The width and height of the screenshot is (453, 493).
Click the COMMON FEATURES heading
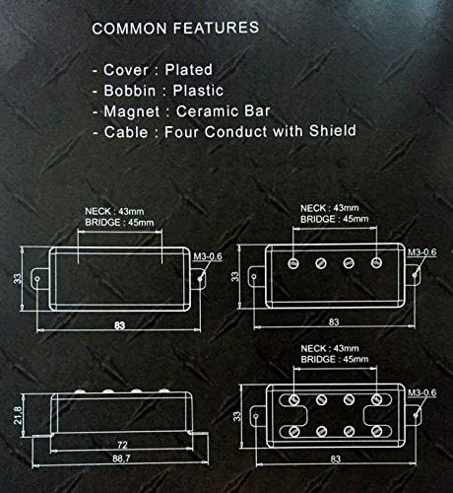[x=175, y=28]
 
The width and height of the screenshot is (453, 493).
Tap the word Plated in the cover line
[x=188, y=70]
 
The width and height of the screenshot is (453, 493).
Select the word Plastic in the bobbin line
[x=198, y=91]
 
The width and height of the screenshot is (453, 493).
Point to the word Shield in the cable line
[x=333, y=131]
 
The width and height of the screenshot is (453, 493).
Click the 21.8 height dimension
[x=18, y=415]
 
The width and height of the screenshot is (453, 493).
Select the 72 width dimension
[x=122, y=445]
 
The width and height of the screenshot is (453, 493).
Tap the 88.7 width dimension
[x=121, y=458]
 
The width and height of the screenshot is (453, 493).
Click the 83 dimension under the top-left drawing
[x=119, y=325]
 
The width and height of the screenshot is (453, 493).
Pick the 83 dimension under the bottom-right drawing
[x=335, y=459]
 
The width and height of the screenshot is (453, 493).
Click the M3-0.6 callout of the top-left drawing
[x=208, y=256]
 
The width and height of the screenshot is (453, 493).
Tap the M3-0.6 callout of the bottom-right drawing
[x=422, y=392]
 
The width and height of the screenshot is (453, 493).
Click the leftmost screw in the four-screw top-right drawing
[x=293, y=262]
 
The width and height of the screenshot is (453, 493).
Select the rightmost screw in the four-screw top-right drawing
[x=376, y=262]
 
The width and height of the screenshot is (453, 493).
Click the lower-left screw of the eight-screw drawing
[x=293, y=431]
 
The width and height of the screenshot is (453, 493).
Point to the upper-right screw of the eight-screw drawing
[x=376, y=399]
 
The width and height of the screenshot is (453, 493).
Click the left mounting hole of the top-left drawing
[x=37, y=279]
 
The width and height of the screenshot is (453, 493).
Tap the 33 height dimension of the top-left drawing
[x=17, y=279]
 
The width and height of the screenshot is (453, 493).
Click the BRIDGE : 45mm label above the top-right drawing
[x=334, y=219]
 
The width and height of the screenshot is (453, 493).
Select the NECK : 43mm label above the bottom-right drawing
[x=330, y=348]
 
